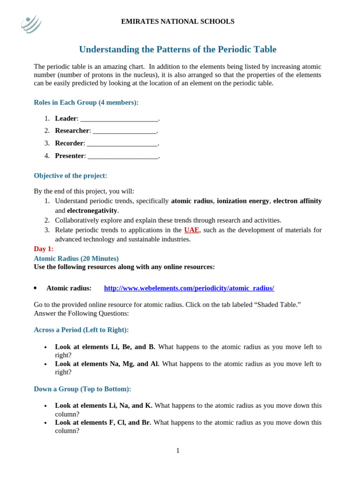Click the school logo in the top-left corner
[x=31, y=23]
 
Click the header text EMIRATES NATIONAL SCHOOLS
[x=178, y=22]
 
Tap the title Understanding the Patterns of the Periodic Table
[x=178, y=49]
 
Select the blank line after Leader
[x=119, y=119]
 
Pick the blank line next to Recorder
[x=122, y=143]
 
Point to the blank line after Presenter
[x=123, y=156]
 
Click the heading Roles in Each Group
[x=86, y=102]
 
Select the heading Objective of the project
[x=70, y=176]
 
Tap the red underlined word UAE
[x=191, y=230]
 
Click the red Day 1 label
[x=44, y=249]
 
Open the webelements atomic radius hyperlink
[x=189, y=288]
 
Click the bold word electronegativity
[x=92, y=210]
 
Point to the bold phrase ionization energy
[x=243, y=201]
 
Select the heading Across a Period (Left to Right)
[x=81, y=330]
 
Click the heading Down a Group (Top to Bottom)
[x=82, y=389]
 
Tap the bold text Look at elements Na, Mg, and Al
[x=107, y=364]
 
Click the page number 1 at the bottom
[x=178, y=450]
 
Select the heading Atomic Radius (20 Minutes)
[x=76, y=258]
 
